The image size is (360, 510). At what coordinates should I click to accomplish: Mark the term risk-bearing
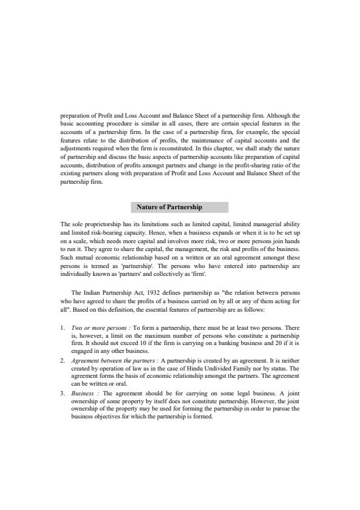click(x=116, y=232)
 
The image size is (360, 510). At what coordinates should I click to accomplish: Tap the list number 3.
click(x=62, y=394)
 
